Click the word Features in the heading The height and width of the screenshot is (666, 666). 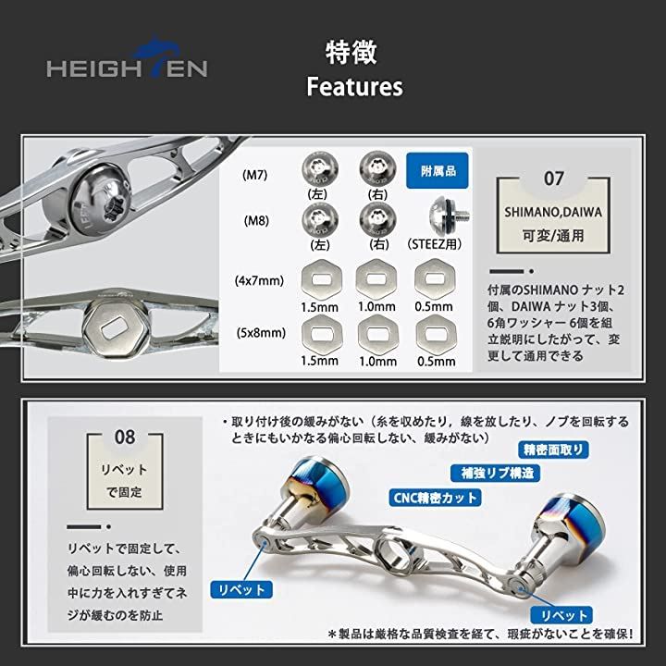pos(354,87)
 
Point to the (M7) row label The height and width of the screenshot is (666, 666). pos(255,174)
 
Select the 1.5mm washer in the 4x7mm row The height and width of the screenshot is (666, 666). pos(320,277)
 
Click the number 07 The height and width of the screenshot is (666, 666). pos(553,179)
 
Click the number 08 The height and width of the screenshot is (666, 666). pos(123,435)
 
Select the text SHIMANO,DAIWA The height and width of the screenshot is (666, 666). pos(553,212)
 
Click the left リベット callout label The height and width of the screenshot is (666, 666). pos(242,588)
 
